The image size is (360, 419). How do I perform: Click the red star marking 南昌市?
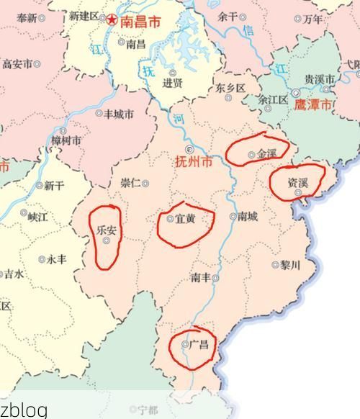pos(112,19)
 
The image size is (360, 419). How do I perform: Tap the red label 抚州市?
pos(194,162)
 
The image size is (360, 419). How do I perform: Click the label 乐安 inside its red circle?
pos(107,230)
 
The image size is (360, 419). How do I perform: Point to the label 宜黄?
pos(185,219)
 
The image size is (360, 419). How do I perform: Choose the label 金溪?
pos(266,153)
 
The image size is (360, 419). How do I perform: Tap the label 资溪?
pos(297,183)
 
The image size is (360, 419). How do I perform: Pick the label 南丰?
pos(201,277)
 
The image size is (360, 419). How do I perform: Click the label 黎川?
pos(289,265)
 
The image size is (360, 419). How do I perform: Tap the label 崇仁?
pos(131,183)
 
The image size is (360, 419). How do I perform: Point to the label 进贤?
pos(172,83)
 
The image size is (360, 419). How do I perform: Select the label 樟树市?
pos(66,140)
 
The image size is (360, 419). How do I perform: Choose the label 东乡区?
pos(230,89)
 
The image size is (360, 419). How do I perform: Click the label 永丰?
pos(57,259)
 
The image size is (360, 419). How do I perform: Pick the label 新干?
pos(53,186)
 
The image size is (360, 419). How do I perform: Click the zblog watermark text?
pos(23,410)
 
